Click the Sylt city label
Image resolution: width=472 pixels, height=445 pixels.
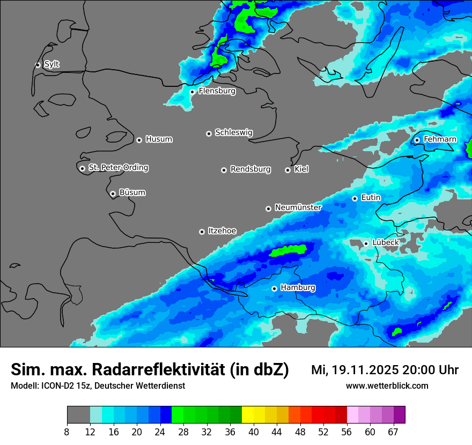[x=51, y=64]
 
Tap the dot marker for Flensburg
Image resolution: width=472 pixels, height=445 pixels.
[x=192, y=92]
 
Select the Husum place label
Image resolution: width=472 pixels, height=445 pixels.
[x=159, y=139]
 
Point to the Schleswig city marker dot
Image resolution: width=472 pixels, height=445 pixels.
[x=209, y=133]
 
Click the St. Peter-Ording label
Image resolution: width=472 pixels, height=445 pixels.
[x=118, y=168]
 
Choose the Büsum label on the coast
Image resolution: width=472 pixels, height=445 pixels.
[x=132, y=192]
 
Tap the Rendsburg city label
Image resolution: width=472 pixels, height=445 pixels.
[x=250, y=169]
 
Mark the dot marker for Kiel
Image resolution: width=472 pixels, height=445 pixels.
[x=287, y=170]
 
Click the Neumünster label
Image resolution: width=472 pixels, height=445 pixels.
[x=298, y=207]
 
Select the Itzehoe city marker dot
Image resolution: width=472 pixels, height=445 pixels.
[x=202, y=232]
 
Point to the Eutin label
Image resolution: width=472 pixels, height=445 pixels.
[x=371, y=198]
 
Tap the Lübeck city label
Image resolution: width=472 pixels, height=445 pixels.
[x=385, y=242]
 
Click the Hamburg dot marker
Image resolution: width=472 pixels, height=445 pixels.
[x=274, y=288]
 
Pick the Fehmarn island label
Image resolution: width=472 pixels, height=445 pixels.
[x=440, y=139]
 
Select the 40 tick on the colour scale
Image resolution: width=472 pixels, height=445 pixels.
[x=253, y=432]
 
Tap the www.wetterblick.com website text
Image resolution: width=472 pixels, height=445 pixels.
[x=387, y=386]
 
